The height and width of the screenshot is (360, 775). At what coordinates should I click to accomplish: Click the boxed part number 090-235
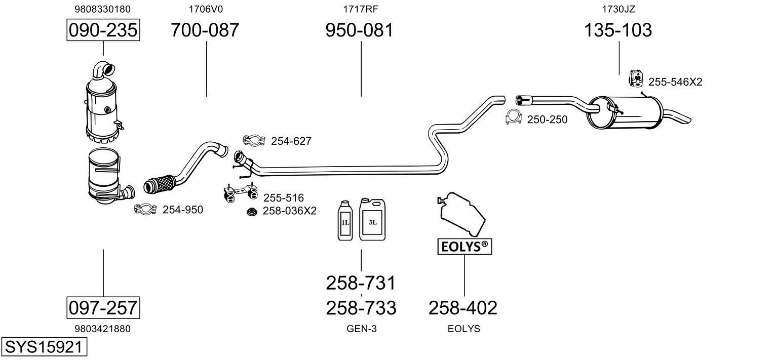[x=103, y=30]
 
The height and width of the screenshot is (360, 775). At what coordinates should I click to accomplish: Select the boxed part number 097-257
[x=103, y=307]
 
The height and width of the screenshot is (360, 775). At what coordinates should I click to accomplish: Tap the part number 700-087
[x=205, y=30]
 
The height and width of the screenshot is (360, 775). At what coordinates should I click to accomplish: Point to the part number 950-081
[x=359, y=30]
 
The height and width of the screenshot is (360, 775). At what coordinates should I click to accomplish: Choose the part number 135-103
[x=618, y=30]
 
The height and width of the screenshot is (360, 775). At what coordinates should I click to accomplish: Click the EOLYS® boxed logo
[x=464, y=247]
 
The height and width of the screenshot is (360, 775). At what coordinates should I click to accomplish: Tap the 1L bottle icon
[x=344, y=220]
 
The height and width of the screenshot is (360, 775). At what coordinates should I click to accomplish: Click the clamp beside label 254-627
[x=254, y=141]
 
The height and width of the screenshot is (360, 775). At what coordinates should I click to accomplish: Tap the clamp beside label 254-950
[x=145, y=209]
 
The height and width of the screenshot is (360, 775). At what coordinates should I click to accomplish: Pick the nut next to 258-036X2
[x=251, y=211]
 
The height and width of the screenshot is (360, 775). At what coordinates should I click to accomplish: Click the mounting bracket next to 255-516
[x=239, y=193]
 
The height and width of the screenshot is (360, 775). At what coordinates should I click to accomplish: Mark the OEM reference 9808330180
[x=103, y=9]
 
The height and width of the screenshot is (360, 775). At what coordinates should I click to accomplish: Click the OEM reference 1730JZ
[x=618, y=9]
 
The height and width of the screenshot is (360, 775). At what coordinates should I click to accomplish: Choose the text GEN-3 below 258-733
[x=361, y=329]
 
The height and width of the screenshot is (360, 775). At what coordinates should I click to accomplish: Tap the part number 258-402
[x=463, y=307]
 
